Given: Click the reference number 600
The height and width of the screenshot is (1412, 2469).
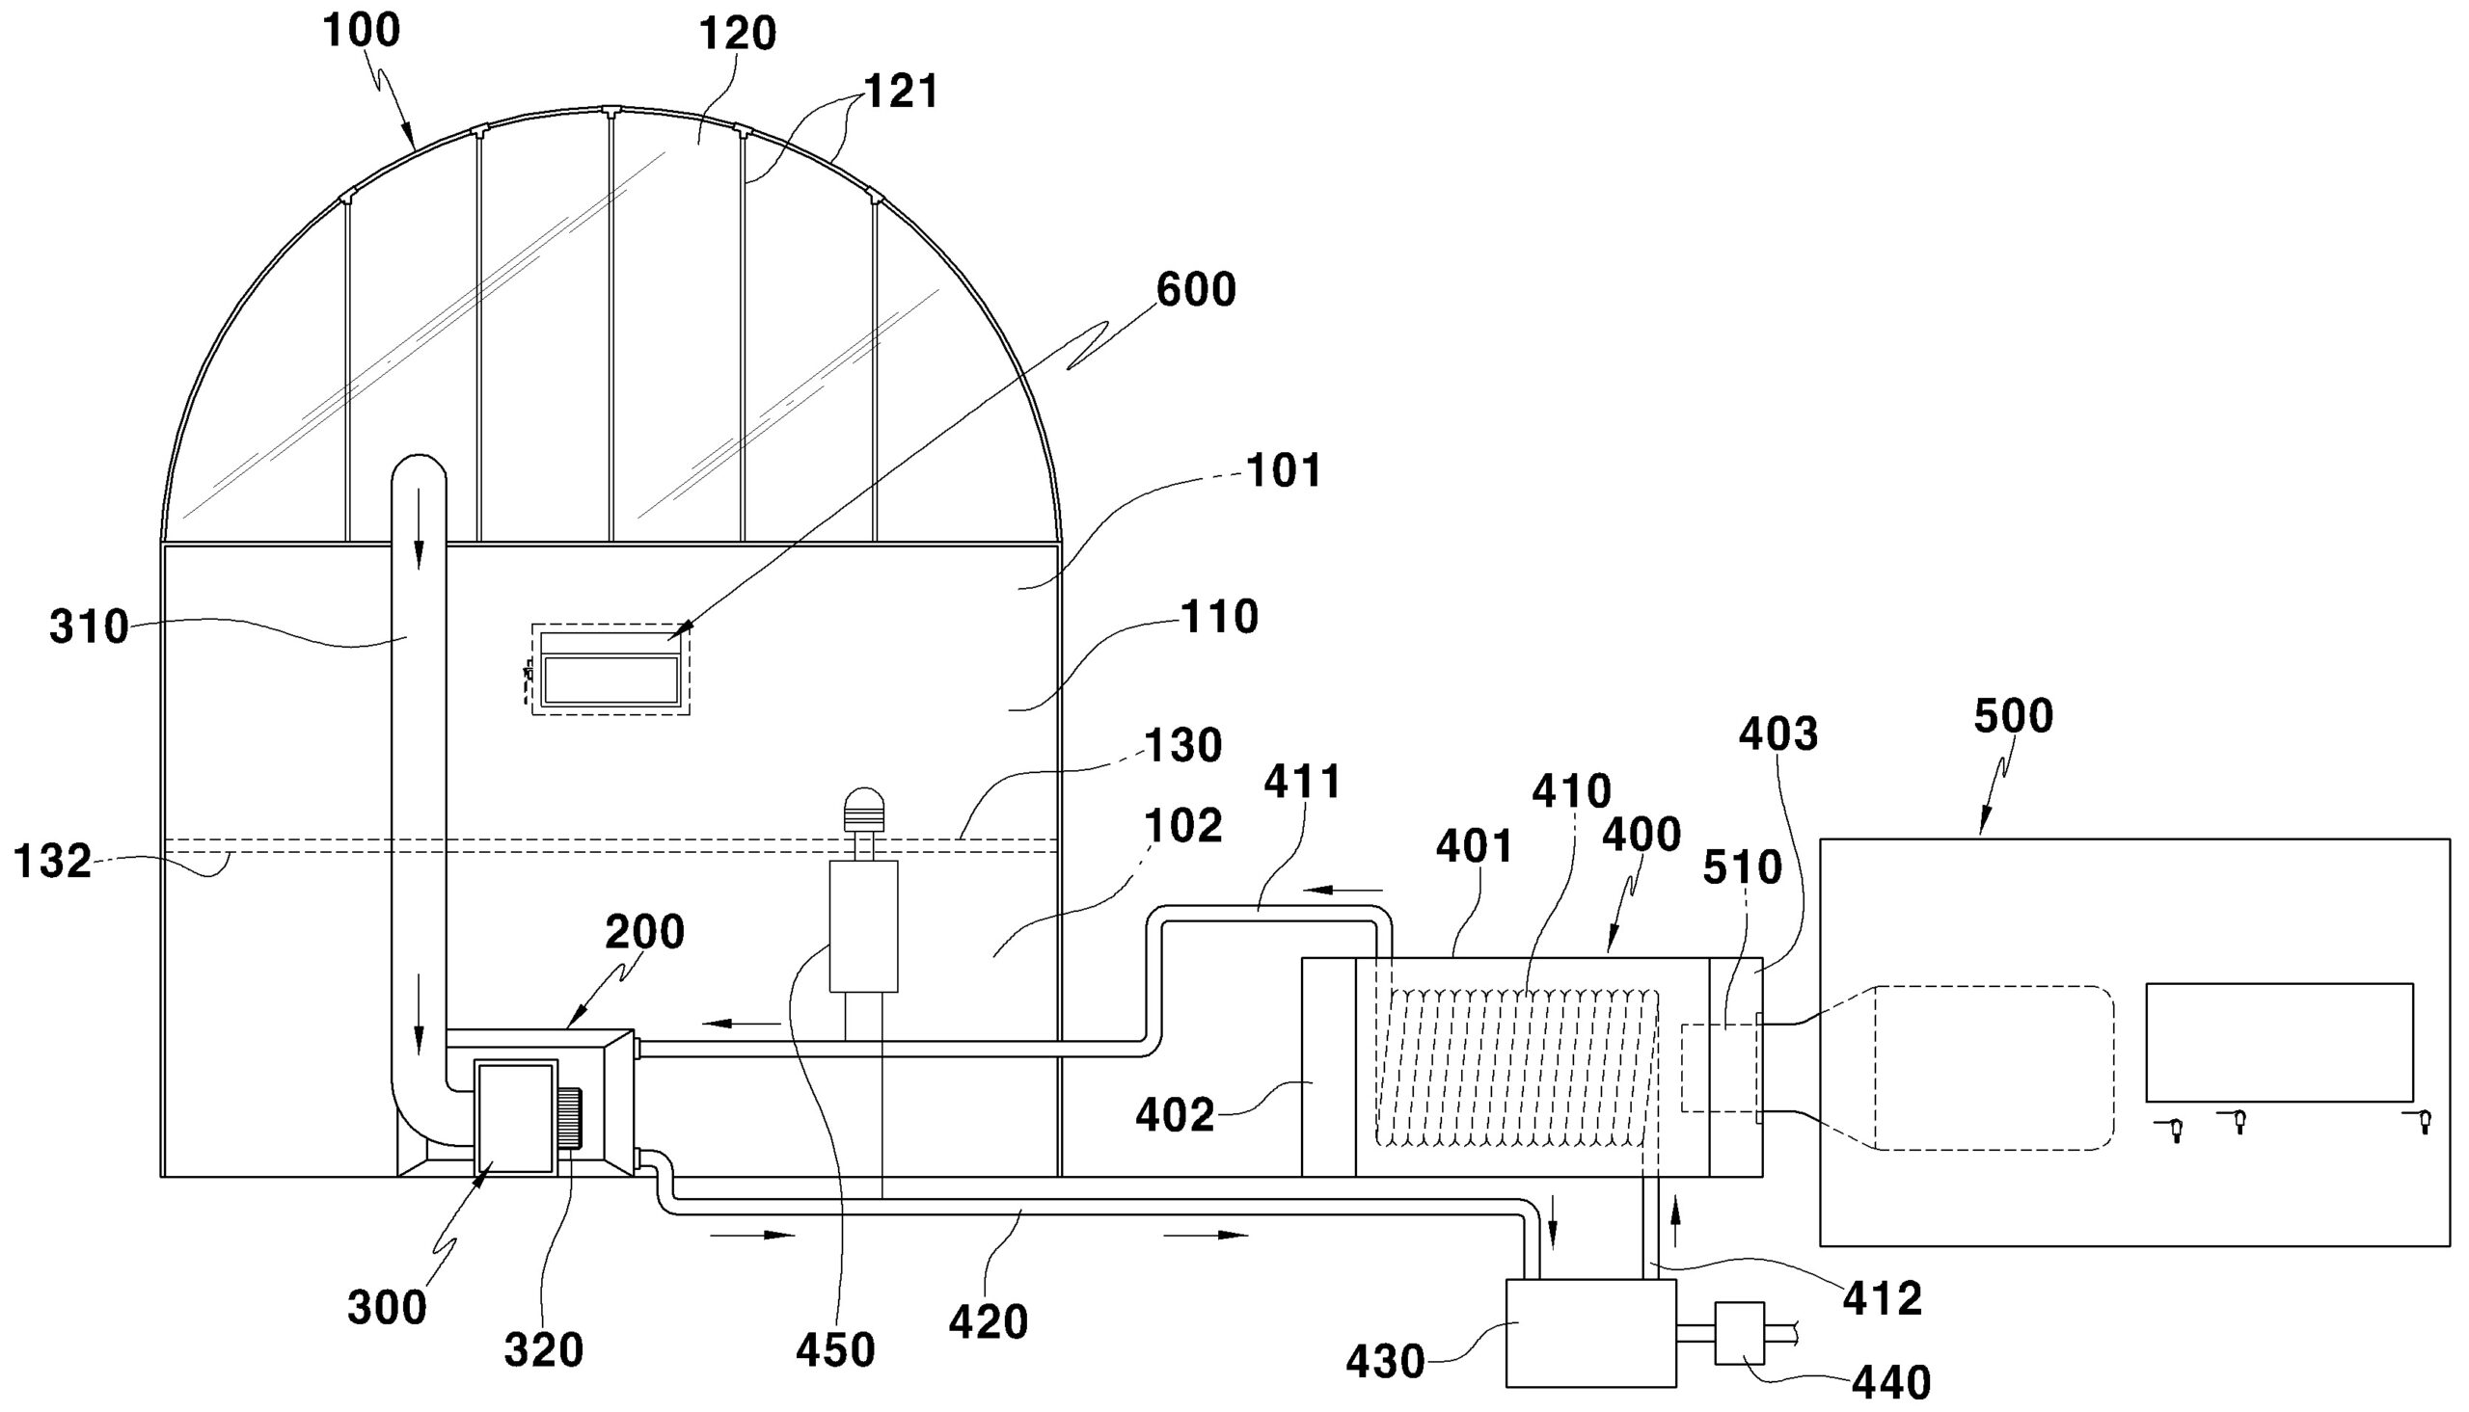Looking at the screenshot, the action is click(x=1196, y=290).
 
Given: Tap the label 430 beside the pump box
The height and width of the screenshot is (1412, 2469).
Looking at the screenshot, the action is click(x=1384, y=1363).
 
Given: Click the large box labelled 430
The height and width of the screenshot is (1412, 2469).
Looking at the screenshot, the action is click(x=1590, y=1332).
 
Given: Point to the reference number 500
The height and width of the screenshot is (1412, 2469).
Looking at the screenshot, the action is click(x=2014, y=717).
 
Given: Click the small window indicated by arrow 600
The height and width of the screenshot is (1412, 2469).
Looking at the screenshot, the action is click(x=610, y=670).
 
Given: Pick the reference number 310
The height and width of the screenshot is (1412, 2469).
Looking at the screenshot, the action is click(x=90, y=627).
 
